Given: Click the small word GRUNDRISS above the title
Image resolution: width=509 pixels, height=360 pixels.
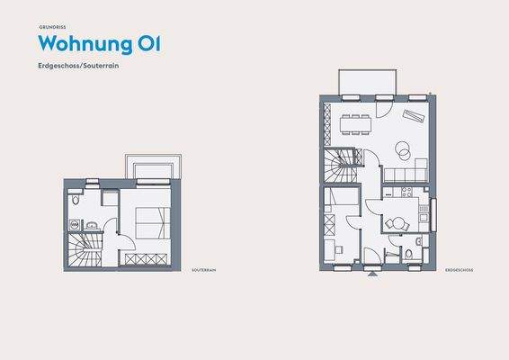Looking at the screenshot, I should coord(51,28).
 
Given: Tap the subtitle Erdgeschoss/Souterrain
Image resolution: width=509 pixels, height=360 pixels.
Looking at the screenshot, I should coord(80,67).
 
